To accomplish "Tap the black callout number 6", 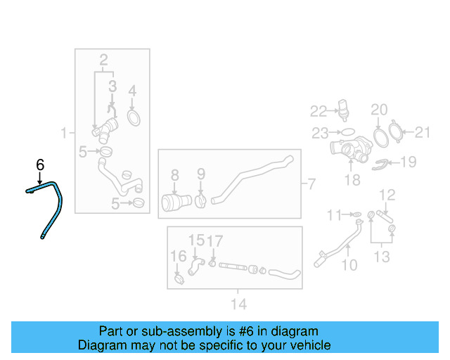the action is (x=40, y=165).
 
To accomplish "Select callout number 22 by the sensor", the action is (x=319, y=111).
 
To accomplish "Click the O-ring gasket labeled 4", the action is (x=134, y=117).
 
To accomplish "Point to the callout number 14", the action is (x=239, y=304).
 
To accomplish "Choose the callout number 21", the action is (x=423, y=132).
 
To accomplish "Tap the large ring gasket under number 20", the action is (x=381, y=138).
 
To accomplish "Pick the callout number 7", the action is (x=311, y=184).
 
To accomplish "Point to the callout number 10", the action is (x=349, y=264).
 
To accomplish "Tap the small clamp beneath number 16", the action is (x=179, y=278).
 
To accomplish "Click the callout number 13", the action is (x=382, y=257).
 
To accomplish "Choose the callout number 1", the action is (x=64, y=133).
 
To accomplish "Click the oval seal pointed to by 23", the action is (x=347, y=132).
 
